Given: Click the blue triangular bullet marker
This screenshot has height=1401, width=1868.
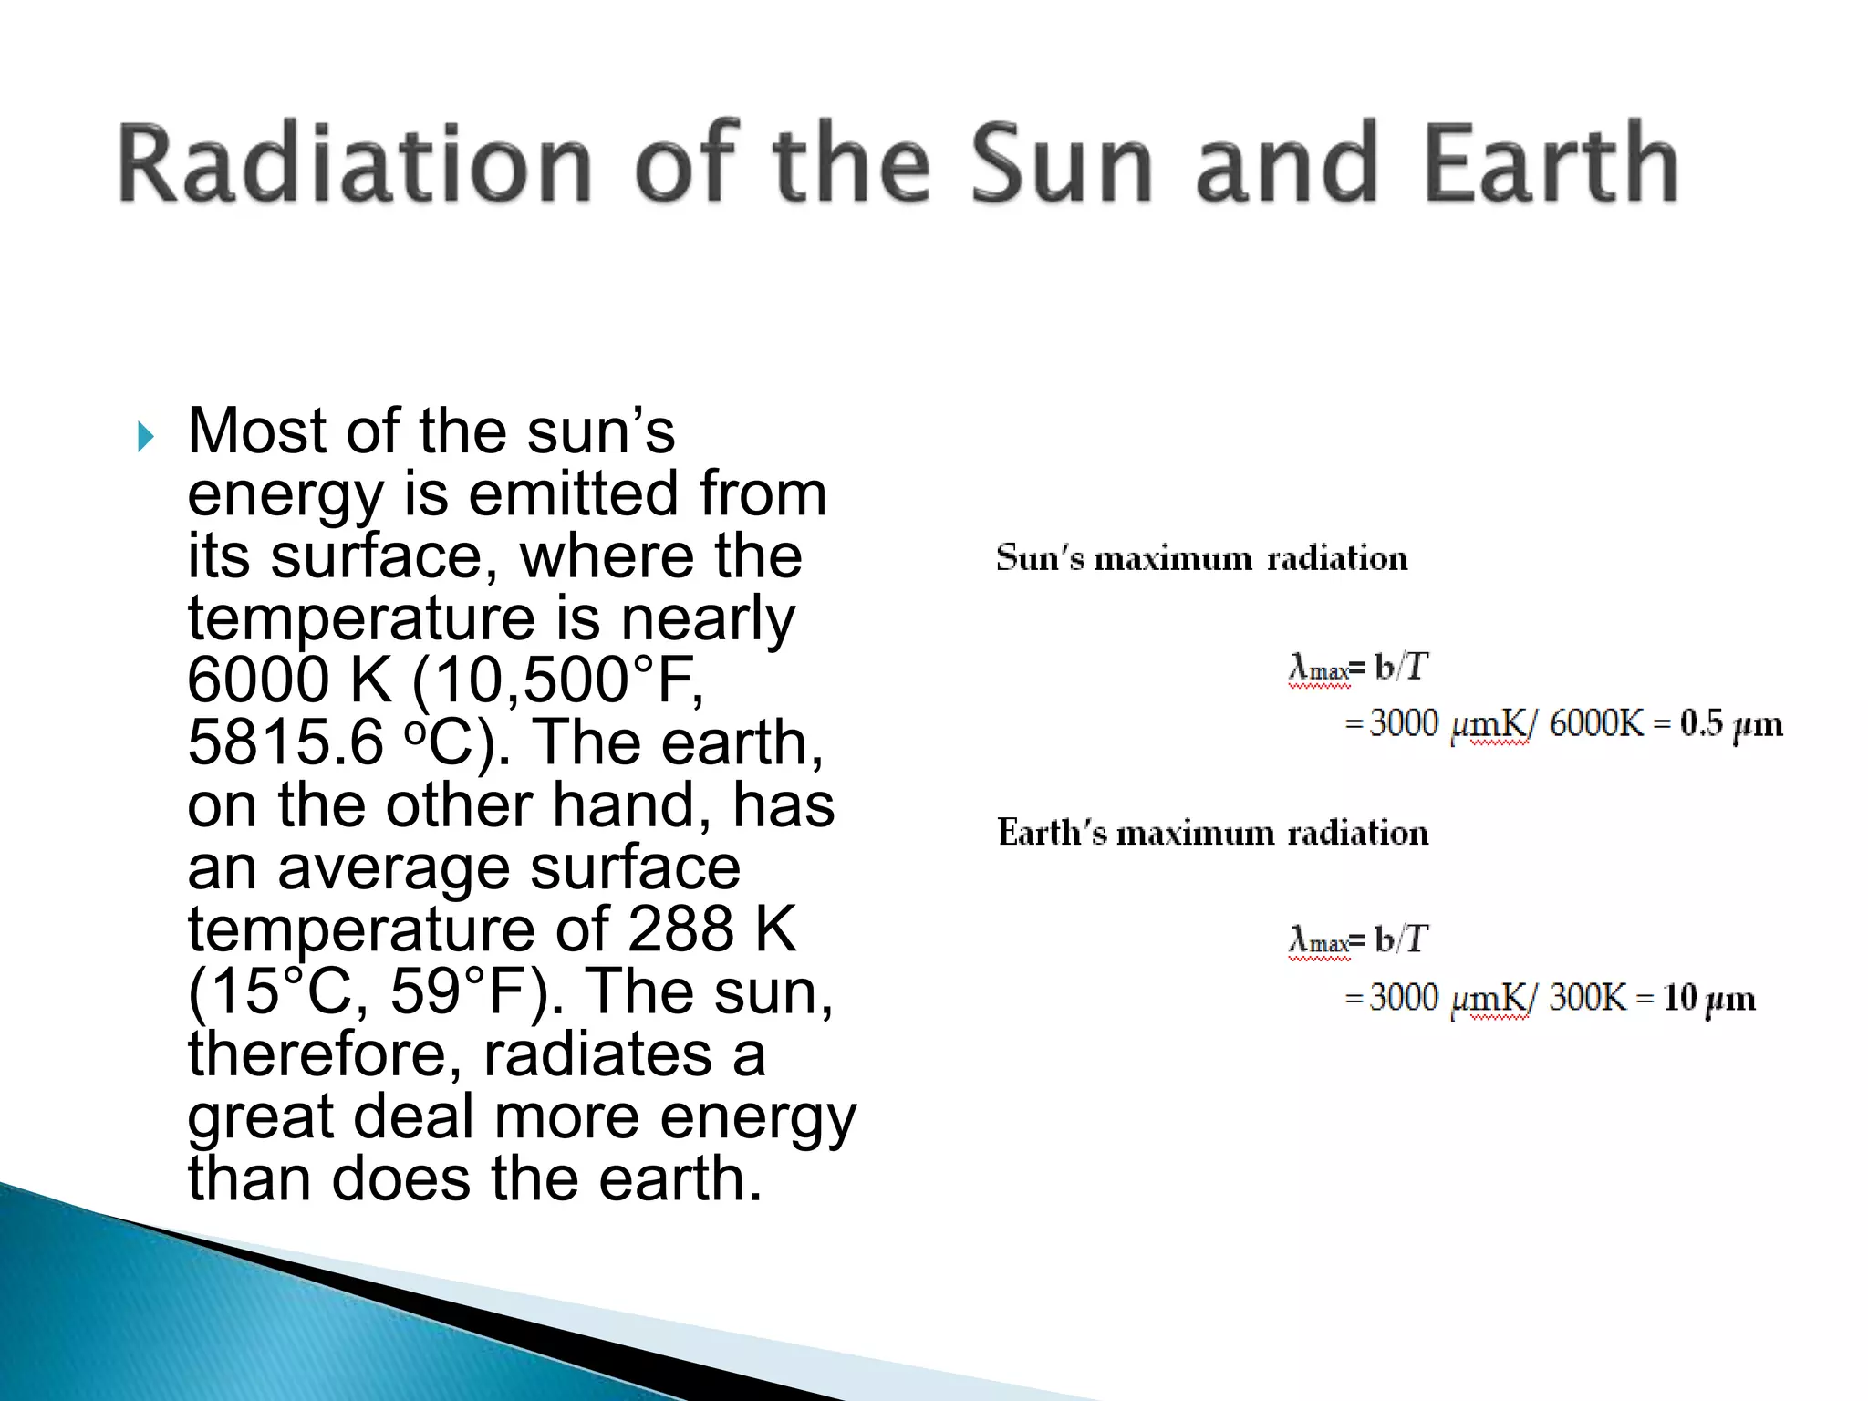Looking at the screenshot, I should tap(146, 437).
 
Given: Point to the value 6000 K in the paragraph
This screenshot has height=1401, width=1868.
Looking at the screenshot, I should tap(290, 680).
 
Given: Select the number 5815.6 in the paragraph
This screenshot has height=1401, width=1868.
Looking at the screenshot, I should tap(285, 742).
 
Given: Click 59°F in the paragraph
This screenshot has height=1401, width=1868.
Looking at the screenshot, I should tap(465, 991).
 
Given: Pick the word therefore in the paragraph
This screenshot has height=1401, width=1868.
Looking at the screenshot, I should tap(325, 1054).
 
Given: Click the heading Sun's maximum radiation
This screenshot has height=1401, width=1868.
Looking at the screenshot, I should tap(1201, 558).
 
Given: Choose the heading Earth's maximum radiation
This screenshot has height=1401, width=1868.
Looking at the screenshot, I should tap(1212, 833).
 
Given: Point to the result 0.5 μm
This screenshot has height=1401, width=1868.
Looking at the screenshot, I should tap(1730, 724).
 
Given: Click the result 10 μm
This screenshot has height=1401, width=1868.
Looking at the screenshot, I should tap(1707, 998).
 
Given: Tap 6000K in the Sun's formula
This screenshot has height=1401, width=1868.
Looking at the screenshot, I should tap(1595, 724).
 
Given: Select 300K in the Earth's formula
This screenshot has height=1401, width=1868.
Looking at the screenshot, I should tap(1587, 998).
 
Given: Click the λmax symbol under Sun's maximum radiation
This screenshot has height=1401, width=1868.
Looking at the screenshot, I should tap(1318, 669).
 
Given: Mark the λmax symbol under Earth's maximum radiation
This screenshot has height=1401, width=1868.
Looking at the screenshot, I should tap(1318, 940).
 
